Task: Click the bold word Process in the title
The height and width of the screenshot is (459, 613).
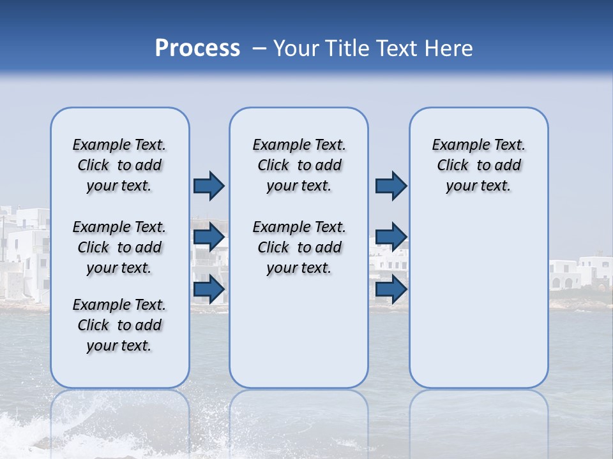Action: (197, 48)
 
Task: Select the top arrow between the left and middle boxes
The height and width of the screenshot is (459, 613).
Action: (209, 186)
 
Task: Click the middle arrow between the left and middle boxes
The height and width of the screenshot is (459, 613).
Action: (209, 237)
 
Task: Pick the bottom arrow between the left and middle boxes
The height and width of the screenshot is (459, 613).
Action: (209, 289)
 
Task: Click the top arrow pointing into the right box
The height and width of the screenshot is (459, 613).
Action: (391, 186)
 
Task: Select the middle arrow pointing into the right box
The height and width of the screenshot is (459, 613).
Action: (391, 237)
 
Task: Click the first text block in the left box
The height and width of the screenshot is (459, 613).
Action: (119, 165)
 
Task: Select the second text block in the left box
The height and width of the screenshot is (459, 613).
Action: (119, 247)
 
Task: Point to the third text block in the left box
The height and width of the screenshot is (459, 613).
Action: (119, 325)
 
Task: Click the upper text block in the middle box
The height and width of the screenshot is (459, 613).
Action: (299, 165)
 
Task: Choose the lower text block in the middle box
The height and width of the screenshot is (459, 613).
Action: (299, 247)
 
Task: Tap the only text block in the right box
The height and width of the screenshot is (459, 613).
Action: (478, 165)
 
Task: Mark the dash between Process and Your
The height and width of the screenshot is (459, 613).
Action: (259, 48)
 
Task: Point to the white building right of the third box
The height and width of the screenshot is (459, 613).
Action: (581, 274)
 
